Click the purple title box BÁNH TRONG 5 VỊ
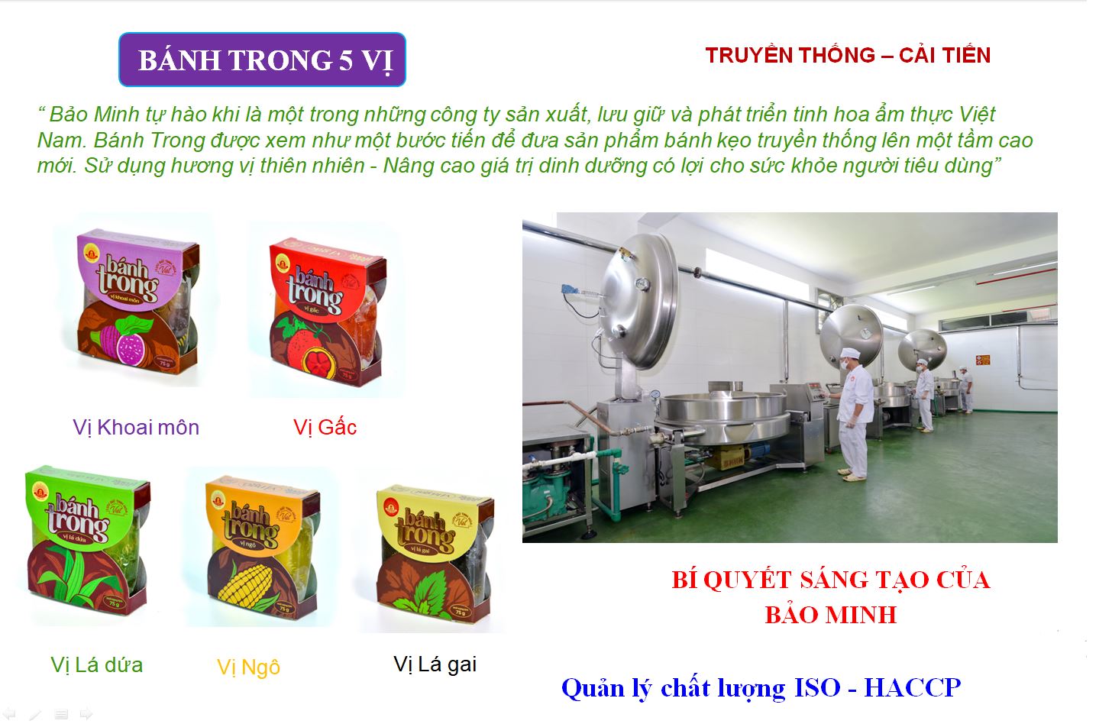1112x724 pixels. [262, 60]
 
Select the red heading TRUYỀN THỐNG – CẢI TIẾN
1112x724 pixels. [848, 55]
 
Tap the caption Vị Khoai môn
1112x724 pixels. [136, 427]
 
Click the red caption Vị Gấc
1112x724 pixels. [325, 427]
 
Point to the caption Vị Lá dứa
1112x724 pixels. [97, 664]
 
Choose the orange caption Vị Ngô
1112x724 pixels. [248, 667]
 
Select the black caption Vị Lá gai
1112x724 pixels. [435, 664]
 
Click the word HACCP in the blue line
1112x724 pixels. [912, 688]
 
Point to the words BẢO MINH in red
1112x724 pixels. [831, 615]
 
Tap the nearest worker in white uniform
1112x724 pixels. [855, 412]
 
